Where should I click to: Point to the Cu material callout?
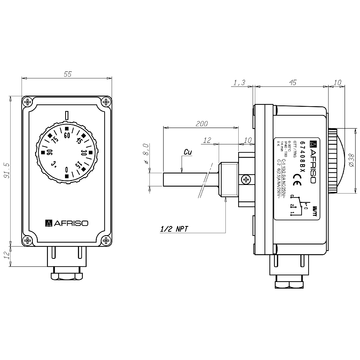point(189,152)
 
